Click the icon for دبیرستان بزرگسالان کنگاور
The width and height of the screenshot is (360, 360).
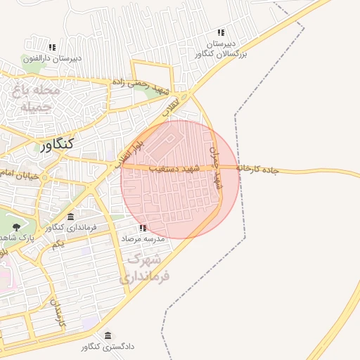221,32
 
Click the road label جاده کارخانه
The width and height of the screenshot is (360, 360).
258,169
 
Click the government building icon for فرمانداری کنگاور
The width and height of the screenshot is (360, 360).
71,216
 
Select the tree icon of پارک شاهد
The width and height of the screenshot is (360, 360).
16,226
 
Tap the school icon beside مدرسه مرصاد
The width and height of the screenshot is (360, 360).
143,229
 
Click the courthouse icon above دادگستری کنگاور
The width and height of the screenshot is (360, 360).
108,335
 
